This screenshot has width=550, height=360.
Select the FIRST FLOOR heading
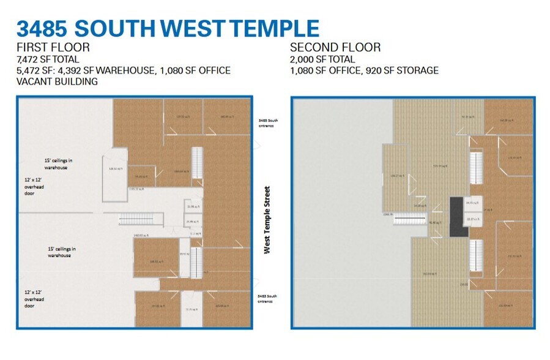53,48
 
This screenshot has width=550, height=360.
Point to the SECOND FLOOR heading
335,48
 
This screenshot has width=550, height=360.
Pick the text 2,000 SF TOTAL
322,59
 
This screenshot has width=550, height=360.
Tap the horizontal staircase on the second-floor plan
406,219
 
